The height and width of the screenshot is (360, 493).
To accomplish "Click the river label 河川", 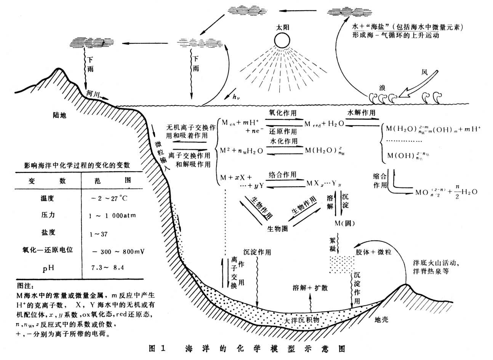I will (x=93, y=94).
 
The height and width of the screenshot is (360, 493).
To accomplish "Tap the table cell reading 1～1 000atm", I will (x=112, y=216).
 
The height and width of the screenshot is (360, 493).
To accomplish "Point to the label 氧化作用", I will (x=283, y=113).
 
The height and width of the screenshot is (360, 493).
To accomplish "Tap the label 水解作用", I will (x=361, y=113).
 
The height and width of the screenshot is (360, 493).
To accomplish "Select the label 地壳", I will (x=381, y=319).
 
